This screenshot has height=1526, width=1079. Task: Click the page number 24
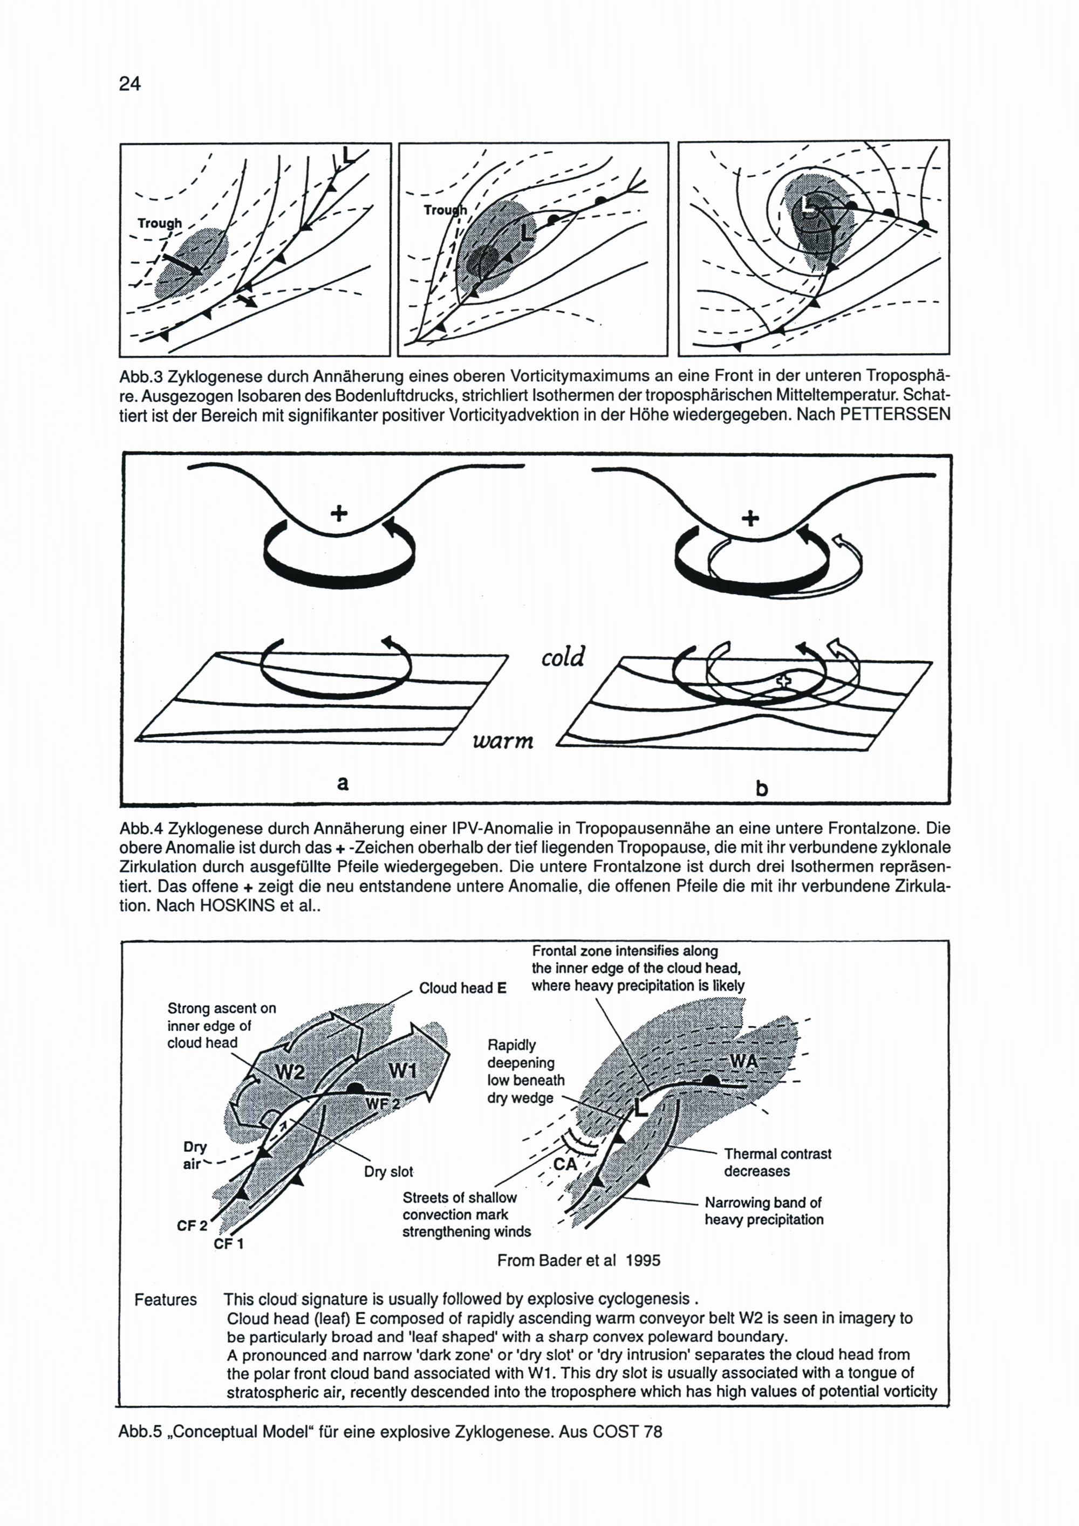tap(129, 84)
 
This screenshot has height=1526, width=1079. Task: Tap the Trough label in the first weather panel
tap(160, 223)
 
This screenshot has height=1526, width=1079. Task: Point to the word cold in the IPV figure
tap(563, 657)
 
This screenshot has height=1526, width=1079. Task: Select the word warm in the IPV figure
tap(503, 740)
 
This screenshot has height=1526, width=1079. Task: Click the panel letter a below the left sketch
tap(343, 783)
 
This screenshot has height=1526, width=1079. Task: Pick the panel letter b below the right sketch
tap(762, 788)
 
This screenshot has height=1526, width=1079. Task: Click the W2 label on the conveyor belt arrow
tap(291, 1071)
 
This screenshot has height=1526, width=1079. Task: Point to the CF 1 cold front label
tap(229, 1243)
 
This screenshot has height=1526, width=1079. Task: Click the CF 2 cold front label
tap(192, 1225)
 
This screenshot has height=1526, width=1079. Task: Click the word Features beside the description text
tap(166, 1300)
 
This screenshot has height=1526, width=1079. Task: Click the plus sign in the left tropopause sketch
tap(339, 513)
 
